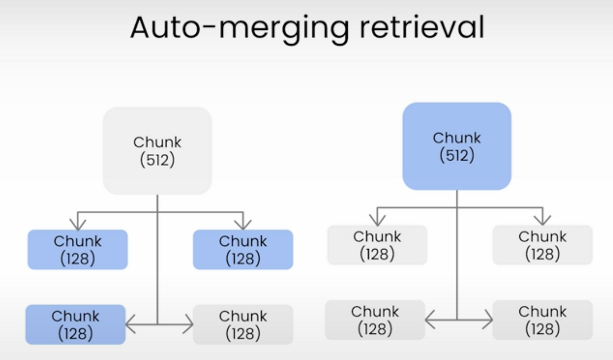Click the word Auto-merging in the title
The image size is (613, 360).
tap(240, 27)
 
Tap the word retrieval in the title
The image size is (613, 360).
tap(422, 27)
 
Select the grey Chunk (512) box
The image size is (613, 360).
tap(157, 151)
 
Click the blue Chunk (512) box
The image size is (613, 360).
tap(457, 146)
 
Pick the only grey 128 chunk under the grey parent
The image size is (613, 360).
tap(243, 325)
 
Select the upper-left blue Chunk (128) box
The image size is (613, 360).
tap(78, 249)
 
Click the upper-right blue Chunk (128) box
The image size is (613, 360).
tap(243, 249)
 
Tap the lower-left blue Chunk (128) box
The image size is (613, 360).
tap(75, 325)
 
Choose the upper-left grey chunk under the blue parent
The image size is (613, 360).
tap(377, 245)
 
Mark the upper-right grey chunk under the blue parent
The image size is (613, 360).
tap(543, 245)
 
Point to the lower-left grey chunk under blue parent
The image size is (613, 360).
tap(375, 320)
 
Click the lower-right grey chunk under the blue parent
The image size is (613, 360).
tap(543, 320)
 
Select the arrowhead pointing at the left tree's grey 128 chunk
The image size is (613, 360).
tap(188, 325)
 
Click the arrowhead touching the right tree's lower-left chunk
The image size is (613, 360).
tap(430, 320)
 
